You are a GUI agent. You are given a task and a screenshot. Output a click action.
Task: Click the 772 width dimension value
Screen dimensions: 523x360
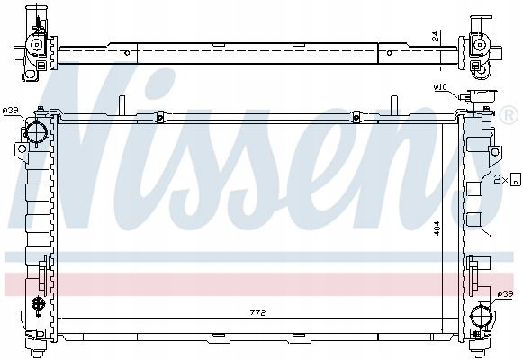click(x=257, y=312)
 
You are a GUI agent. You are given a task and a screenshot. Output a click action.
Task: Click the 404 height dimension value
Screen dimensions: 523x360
click(x=437, y=229)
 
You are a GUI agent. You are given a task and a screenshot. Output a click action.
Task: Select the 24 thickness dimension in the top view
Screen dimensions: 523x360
click(x=436, y=37)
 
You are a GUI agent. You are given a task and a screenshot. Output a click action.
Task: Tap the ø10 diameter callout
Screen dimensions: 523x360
click(x=440, y=87)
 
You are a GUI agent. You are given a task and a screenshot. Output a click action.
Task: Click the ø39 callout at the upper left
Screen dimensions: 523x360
click(x=10, y=111)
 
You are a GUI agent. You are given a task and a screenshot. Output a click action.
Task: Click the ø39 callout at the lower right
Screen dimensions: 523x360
click(x=505, y=294)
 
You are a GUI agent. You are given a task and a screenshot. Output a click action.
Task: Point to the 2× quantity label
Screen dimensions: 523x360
click(x=501, y=180)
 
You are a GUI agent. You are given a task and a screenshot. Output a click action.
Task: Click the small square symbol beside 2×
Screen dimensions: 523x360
click(x=516, y=179)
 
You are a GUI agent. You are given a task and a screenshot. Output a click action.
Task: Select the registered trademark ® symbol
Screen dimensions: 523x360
click(x=509, y=115)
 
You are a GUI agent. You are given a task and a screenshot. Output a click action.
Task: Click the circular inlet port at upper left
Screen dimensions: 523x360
click(x=36, y=131)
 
